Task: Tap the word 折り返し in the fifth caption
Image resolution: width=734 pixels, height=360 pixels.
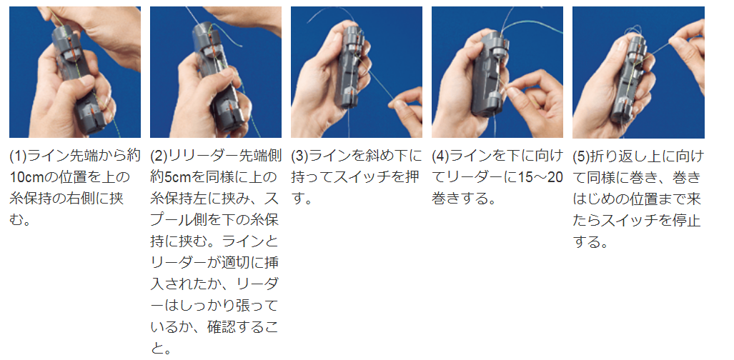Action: coord(620,156)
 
